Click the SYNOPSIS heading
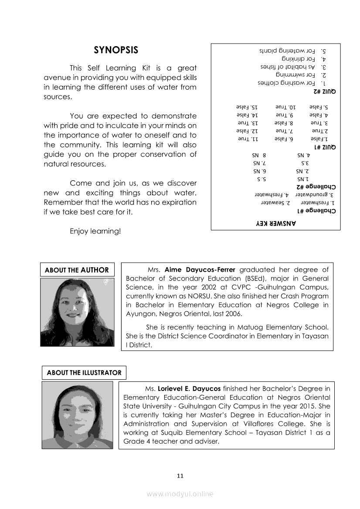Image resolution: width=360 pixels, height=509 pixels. [116, 50]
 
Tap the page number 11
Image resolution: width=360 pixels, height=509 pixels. [180, 475]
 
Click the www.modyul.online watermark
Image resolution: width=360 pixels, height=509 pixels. [180, 494]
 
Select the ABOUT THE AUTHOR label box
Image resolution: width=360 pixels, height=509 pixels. [77, 270]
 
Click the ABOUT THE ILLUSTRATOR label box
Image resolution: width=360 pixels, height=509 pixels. [84, 373]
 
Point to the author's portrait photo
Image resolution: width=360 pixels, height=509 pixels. [77, 312]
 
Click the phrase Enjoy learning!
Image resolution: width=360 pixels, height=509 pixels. [95, 232]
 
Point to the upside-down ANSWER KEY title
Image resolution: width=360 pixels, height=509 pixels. [275, 223]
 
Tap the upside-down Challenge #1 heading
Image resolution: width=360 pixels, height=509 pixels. [316, 211]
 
